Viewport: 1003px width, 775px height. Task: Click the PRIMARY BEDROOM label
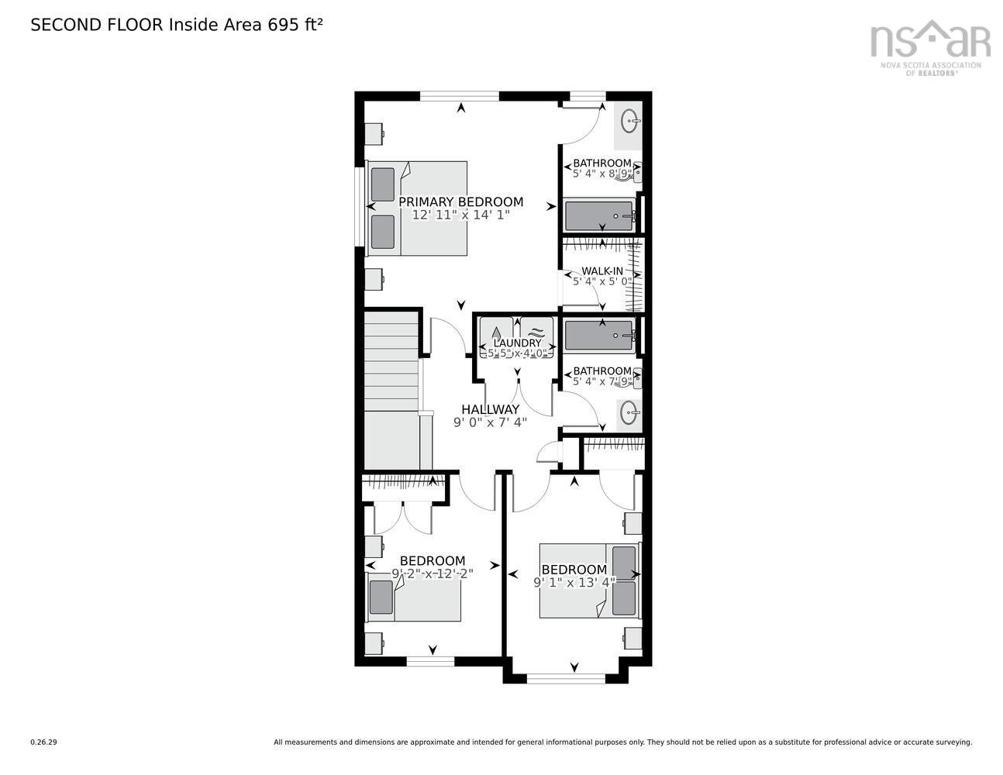click(x=460, y=202)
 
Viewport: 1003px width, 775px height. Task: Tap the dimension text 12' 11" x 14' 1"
click(x=460, y=215)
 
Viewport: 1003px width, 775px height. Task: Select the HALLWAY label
click(x=490, y=409)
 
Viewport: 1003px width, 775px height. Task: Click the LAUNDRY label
click(x=517, y=343)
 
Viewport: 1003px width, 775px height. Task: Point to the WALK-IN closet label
click(x=602, y=270)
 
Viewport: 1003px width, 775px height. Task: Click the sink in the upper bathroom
click(x=629, y=121)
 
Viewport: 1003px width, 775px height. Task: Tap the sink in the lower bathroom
click(x=629, y=413)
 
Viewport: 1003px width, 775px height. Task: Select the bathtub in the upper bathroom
click(x=599, y=215)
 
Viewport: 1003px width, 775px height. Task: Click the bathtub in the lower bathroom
click(x=599, y=336)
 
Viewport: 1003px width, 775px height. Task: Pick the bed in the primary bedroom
click(x=417, y=208)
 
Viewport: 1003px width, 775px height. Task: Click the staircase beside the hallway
click(x=391, y=387)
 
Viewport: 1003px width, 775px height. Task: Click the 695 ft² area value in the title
click(x=295, y=25)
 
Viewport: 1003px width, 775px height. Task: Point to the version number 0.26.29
click(x=44, y=742)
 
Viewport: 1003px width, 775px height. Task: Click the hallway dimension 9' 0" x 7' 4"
click(x=490, y=422)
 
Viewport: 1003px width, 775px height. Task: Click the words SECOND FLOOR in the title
click(x=97, y=25)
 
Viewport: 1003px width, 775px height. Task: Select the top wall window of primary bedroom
click(x=460, y=97)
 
